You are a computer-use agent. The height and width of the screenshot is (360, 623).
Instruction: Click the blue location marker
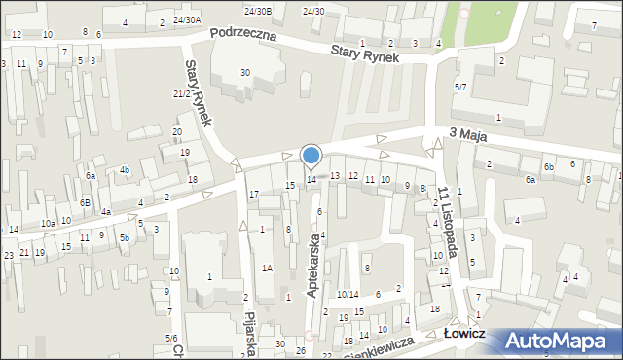click(311, 154)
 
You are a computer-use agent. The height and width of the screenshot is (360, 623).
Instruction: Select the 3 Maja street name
click(470, 136)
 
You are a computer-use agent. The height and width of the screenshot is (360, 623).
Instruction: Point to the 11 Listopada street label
click(449, 222)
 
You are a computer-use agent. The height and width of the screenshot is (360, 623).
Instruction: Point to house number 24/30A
click(187, 19)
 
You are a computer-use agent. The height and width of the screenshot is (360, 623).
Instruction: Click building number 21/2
click(181, 93)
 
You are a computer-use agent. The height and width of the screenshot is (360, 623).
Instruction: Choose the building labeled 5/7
click(460, 87)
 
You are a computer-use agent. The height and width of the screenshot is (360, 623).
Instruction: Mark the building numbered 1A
click(266, 267)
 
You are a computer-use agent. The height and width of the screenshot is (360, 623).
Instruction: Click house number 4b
click(125, 170)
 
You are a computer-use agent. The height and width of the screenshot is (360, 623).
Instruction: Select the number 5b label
click(125, 237)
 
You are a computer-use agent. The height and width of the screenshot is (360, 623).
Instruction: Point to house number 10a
click(47, 224)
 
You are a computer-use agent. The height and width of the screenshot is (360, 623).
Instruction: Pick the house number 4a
click(105, 211)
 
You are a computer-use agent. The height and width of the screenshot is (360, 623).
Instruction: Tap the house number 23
click(9, 255)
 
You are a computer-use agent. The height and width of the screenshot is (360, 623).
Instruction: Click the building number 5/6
click(170, 338)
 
